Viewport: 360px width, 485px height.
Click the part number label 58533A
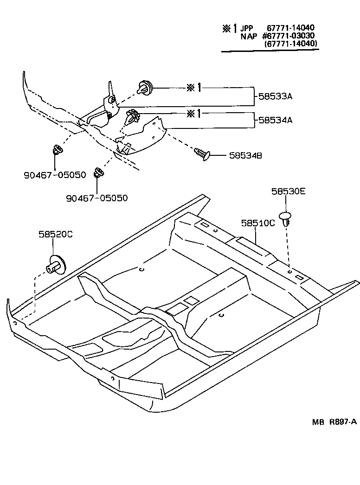coord(276,97)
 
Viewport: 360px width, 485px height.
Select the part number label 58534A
coord(276,120)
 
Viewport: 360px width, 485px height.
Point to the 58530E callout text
coord(289,191)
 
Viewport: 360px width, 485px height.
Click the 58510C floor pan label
coord(257,223)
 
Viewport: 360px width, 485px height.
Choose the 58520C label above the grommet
coord(56,235)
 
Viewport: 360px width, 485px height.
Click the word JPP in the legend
coord(247,28)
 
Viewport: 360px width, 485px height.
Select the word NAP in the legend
coord(249,36)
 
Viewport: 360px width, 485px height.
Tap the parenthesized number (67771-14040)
coord(291,44)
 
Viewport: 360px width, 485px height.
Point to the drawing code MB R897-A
coord(334,421)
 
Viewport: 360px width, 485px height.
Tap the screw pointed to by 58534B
coord(202,153)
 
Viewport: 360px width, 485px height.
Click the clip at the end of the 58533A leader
coord(146,87)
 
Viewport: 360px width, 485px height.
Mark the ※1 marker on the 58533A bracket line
coord(194,88)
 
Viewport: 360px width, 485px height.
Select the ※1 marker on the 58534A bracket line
coord(194,113)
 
